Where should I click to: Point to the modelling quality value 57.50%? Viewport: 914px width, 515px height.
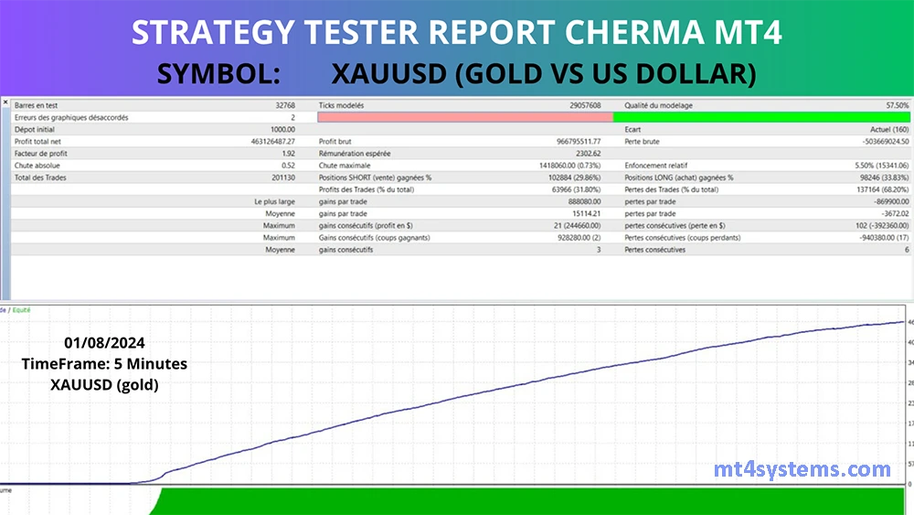pyautogui.click(x=896, y=106)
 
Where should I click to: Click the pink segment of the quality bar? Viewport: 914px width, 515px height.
pyautogui.click(x=464, y=117)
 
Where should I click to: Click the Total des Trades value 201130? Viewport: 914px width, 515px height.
pyautogui.click(x=277, y=177)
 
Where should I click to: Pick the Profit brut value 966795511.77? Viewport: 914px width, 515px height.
pyautogui.click(x=571, y=142)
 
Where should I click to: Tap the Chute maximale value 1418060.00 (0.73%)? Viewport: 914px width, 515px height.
pyautogui.click(x=558, y=166)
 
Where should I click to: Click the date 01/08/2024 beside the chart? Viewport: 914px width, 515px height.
pyautogui.click(x=104, y=343)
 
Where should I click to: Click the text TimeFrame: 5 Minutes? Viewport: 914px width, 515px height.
pyautogui.click(x=104, y=364)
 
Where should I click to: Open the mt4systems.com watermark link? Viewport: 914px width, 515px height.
pyautogui.click(x=802, y=470)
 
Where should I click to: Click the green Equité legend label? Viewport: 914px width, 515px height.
pyautogui.click(x=21, y=310)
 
